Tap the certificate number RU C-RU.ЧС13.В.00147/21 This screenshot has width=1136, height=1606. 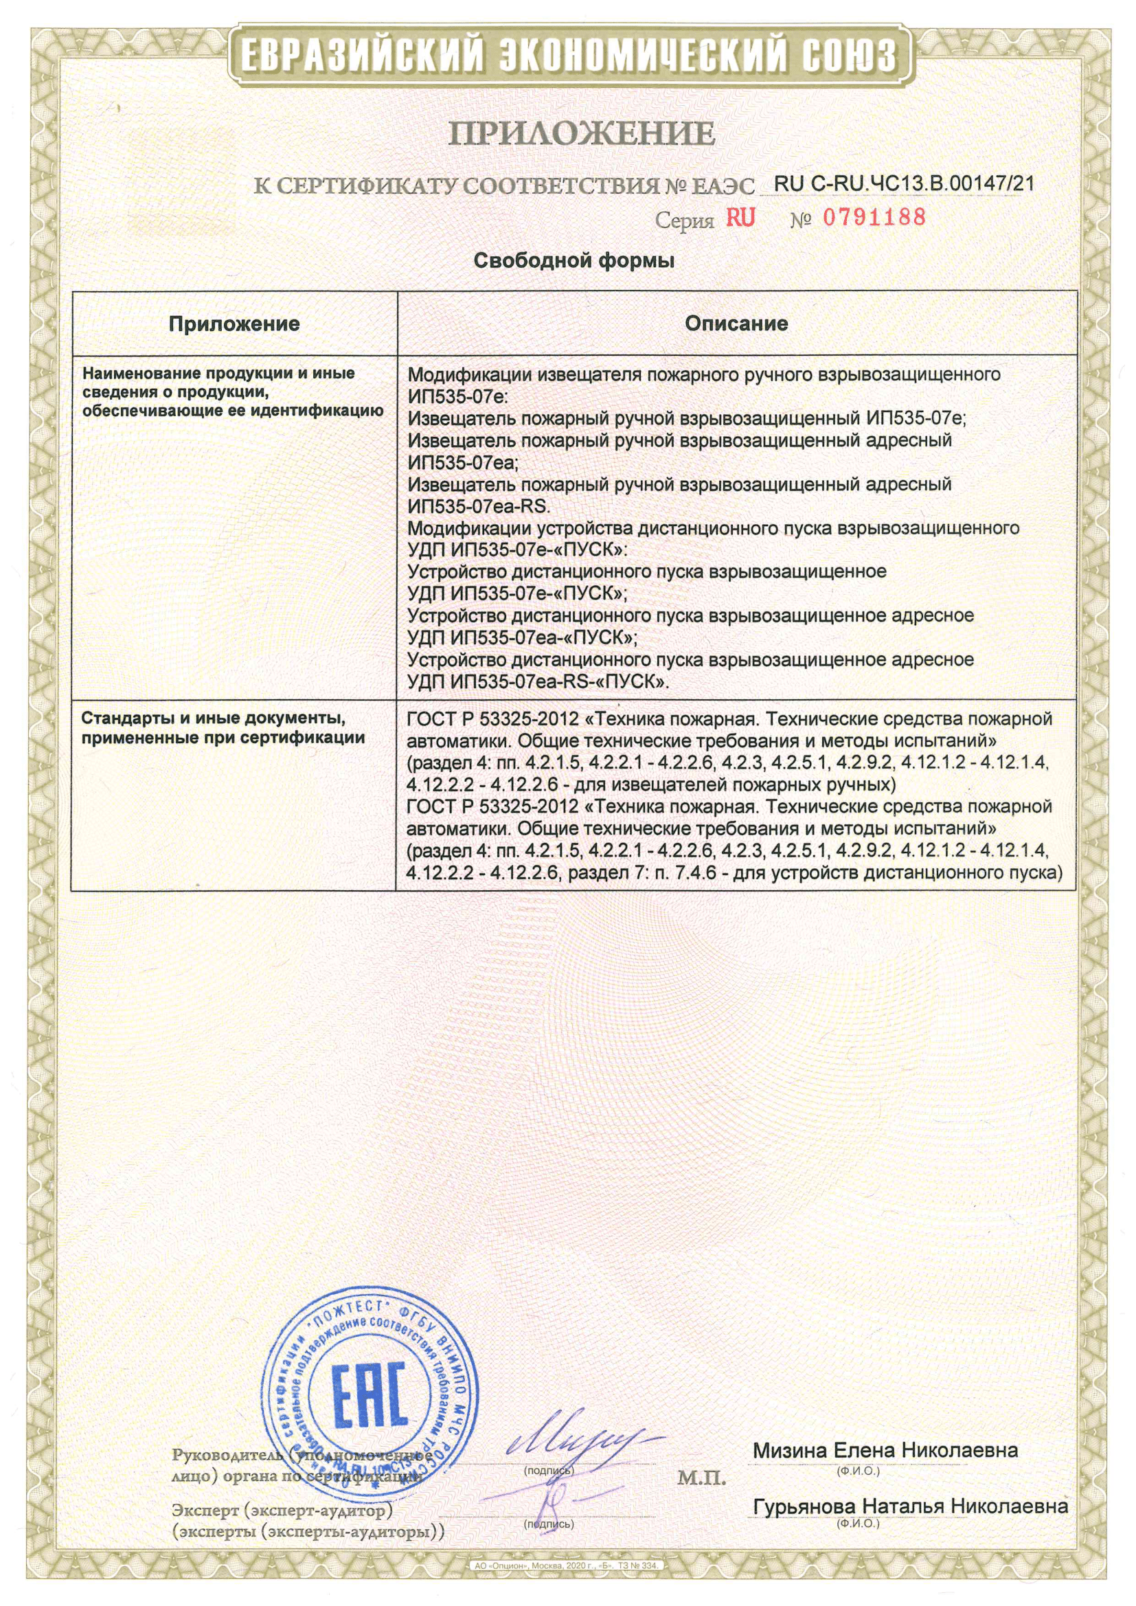coord(904,183)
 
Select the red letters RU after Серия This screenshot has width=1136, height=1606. coord(740,218)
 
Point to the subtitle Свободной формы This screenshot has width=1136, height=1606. coord(573,262)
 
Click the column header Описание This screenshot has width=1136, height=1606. coord(736,323)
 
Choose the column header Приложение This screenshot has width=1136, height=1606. coord(234,323)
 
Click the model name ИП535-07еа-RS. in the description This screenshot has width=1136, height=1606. coord(479,506)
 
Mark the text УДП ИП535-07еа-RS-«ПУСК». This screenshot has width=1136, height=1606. coord(538,681)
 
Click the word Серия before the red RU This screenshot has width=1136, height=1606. coord(683,221)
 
